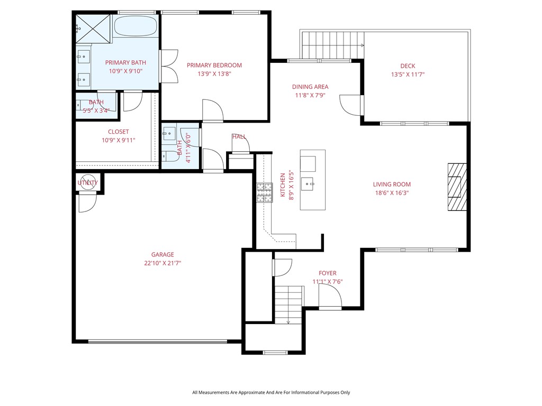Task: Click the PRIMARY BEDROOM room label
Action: pyautogui.click(x=214, y=66)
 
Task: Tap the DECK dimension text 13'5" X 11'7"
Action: pyautogui.click(x=407, y=75)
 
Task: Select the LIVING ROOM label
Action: pyautogui.click(x=392, y=184)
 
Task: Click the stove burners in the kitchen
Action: pyautogui.click(x=264, y=192)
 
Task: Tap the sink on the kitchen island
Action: pyautogui.click(x=308, y=183)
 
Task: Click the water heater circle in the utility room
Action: pyautogui.click(x=87, y=182)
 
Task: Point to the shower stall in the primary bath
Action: pyautogui.click(x=93, y=25)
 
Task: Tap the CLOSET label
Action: pyautogui.click(x=118, y=132)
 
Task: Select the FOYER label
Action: pyautogui.click(x=328, y=273)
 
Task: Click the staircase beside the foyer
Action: pyautogui.click(x=288, y=304)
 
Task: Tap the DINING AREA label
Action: pyautogui.click(x=310, y=87)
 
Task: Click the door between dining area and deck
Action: pyautogui.click(x=351, y=105)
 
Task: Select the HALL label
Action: pyautogui.click(x=239, y=137)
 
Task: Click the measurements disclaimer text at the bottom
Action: pyautogui.click(x=271, y=392)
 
